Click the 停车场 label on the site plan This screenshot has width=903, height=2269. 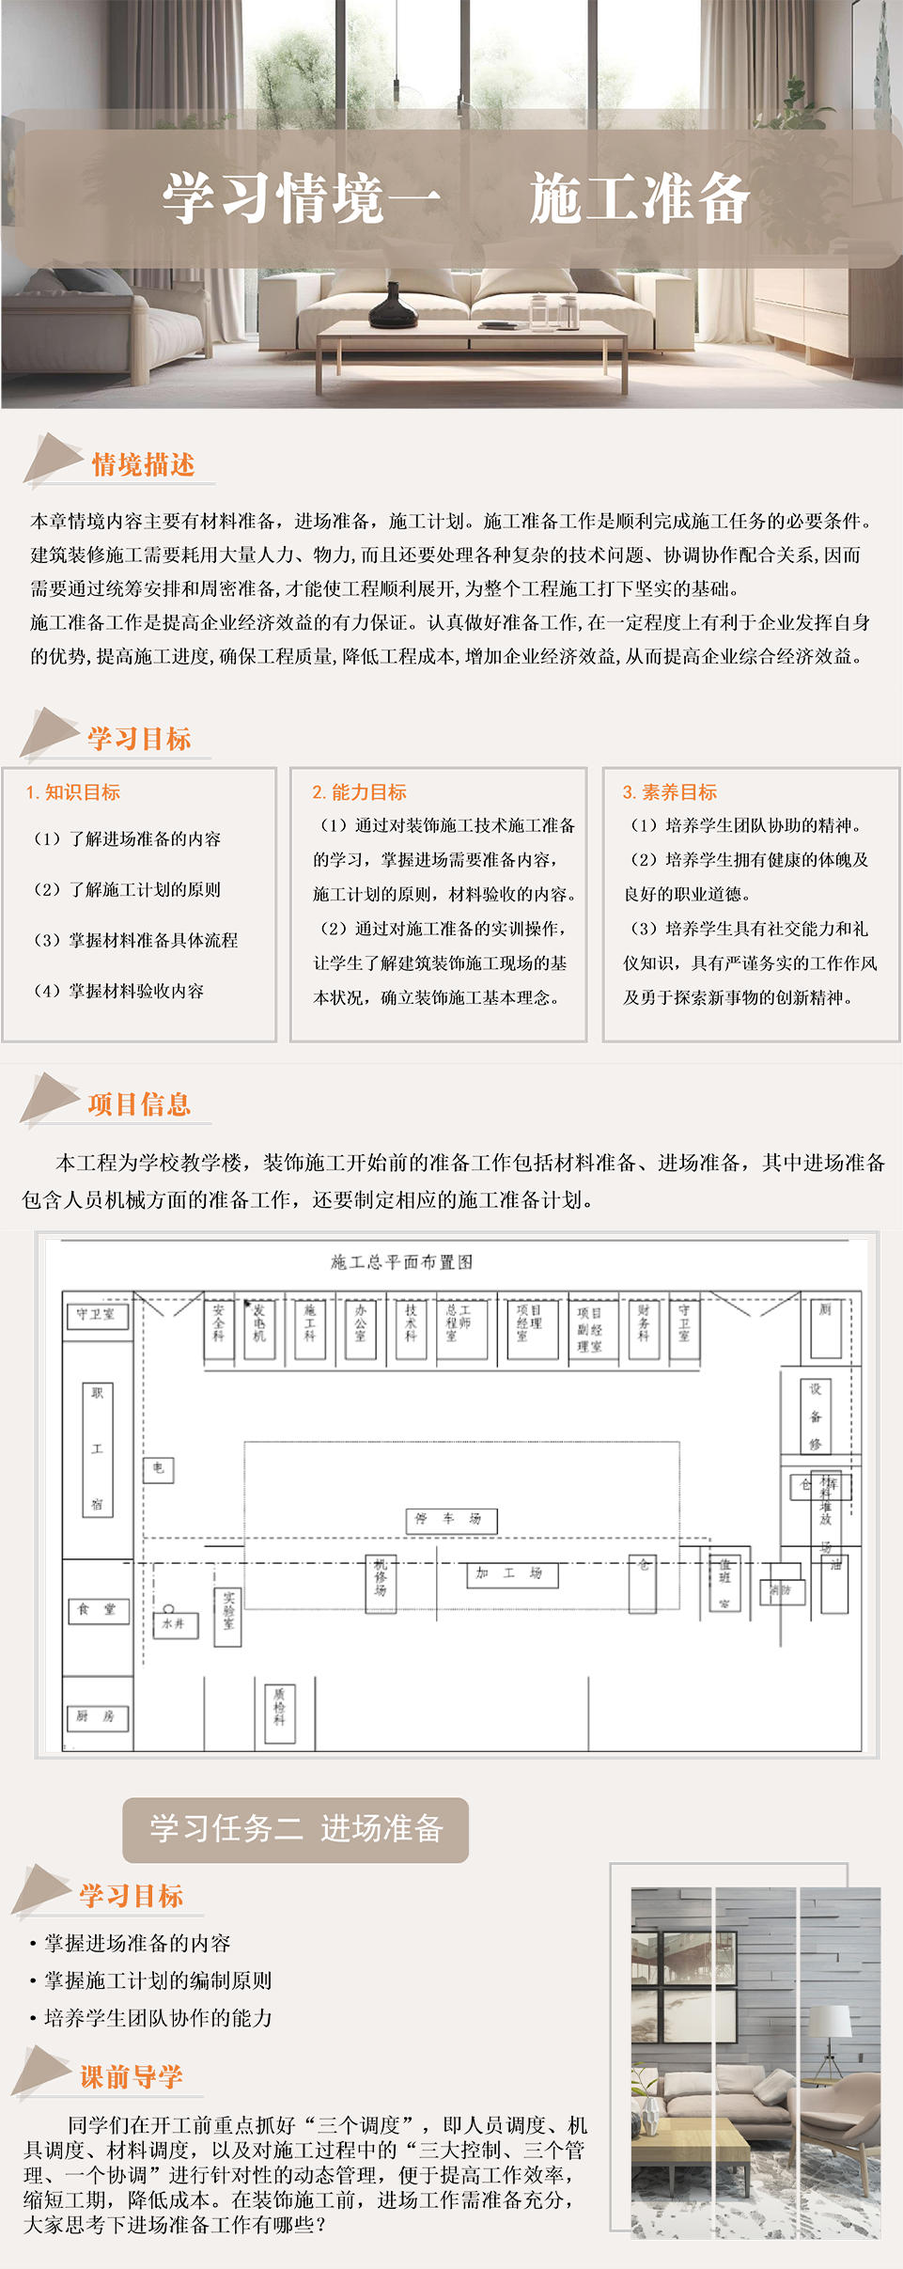tap(450, 1519)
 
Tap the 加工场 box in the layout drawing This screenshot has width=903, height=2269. tap(512, 1573)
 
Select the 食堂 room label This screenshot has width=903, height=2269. tap(98, 1610)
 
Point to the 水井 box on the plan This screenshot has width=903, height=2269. tap(175, 1624)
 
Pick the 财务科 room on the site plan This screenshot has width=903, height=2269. tap(644, 1324)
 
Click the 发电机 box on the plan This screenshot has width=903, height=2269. tap(259, 1324)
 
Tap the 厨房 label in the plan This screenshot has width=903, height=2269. tap(97, 1716)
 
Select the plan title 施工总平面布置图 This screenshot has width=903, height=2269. tap(402, 1262)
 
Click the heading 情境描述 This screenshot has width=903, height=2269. tap(143, 464)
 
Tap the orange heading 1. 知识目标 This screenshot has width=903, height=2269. tap(73, 792)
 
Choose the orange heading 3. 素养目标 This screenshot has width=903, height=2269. tap(670, 792)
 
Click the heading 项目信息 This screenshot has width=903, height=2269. tap(139, 1104)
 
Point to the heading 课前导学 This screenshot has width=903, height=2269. tap(132, 2076)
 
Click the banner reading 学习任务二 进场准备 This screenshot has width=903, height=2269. tap(295, 1829)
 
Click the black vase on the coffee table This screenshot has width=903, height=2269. tap(393, 306)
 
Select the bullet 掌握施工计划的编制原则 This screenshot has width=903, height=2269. tap(158, 1980)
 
